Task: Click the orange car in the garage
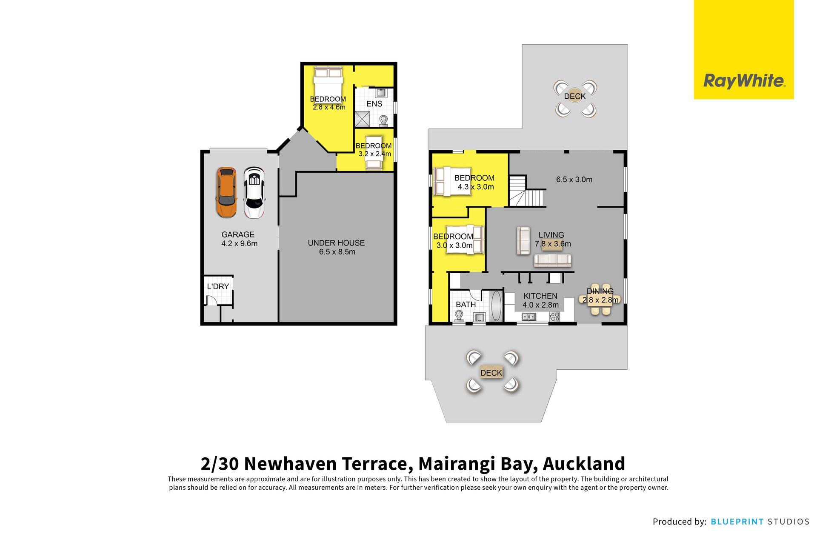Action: (226, 193)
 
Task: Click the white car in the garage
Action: (254, 193)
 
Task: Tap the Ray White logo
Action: (744, 80)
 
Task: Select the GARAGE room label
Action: (238, 234)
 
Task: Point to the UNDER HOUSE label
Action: (336, 243)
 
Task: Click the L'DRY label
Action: (218, 286)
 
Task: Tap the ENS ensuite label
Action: (374, 104)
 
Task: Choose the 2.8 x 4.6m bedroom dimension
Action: (329, 107)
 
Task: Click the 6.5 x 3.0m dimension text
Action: (574, 180)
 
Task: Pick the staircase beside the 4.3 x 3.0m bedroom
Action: (527, 191)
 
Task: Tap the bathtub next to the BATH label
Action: (496, 306)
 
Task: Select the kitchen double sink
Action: (529, 317)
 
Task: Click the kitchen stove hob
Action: (554, 317)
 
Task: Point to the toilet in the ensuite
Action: (384, 121)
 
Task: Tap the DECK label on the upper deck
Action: (575, 97)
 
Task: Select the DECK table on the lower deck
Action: (491, 373)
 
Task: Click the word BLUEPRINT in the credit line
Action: (737, 522)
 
